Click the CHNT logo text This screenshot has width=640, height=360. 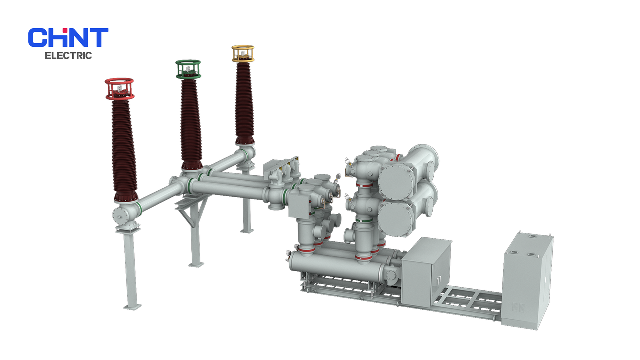point(68,37)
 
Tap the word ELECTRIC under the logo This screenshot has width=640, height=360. point(68,55)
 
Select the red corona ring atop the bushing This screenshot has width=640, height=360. point(119,89)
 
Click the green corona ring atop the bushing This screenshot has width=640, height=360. point(188,69)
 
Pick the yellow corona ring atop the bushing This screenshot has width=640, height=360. point(243,53)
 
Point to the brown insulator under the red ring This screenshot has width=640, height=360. point(124,150)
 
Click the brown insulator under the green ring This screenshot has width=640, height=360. point(191,124)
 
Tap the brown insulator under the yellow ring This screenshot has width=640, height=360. point(245,103)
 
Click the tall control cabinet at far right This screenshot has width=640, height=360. point(527,281)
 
